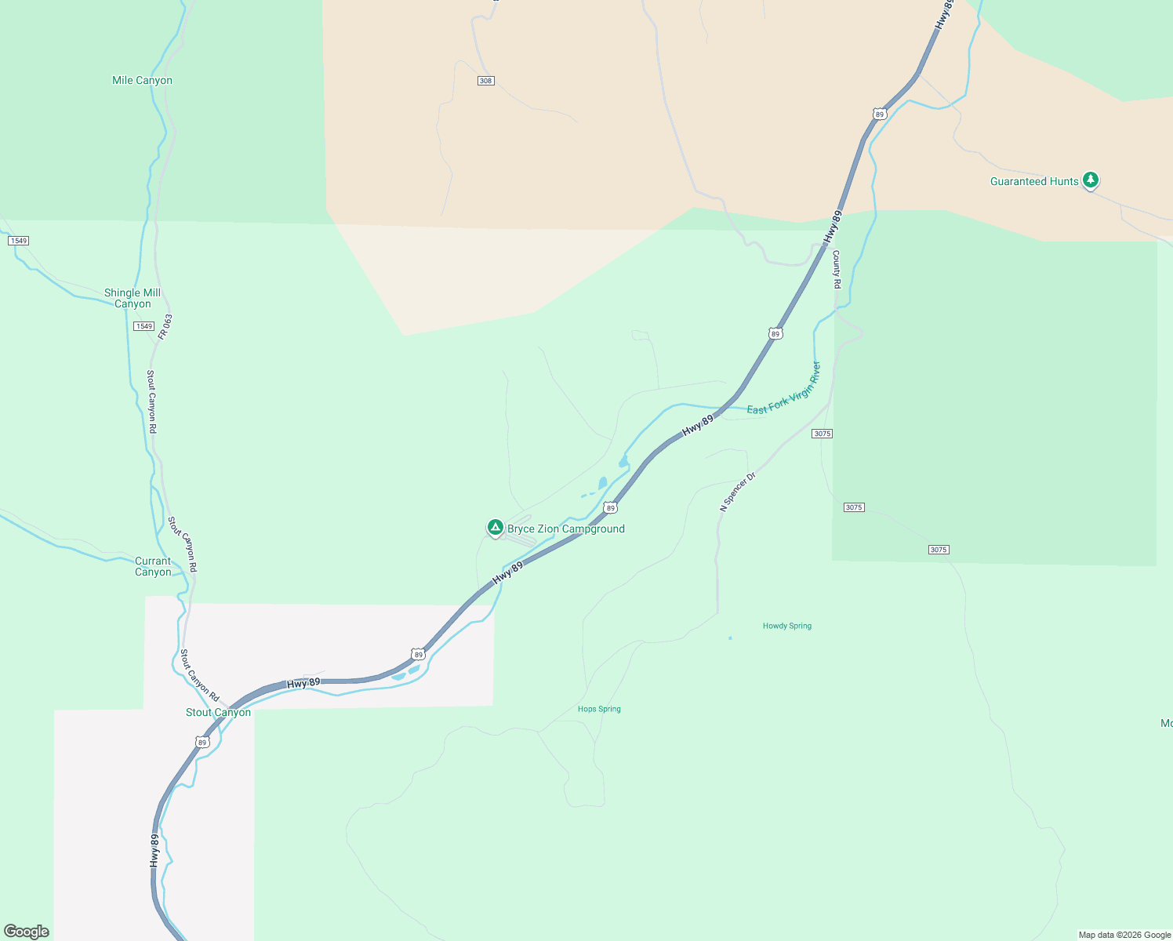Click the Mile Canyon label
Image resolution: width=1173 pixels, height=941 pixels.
142,80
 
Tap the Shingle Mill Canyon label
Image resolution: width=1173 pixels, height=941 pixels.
133,298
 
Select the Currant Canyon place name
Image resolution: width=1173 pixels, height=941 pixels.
153,566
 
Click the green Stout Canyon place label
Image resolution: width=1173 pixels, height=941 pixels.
218,712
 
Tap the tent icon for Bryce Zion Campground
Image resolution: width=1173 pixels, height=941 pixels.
495,528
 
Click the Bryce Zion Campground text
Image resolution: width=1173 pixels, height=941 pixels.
566,529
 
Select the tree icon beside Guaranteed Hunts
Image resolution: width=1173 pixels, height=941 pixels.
1090,180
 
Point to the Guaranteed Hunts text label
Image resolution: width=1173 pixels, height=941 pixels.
1034,181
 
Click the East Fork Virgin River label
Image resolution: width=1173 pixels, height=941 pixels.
783,389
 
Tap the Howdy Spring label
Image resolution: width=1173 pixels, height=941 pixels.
787,626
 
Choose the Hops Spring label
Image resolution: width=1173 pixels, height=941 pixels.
599,709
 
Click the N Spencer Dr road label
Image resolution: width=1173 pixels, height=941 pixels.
738,492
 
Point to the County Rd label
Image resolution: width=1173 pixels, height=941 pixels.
837,270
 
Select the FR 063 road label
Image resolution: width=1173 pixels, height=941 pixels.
165,327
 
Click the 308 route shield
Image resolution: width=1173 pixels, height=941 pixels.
486,81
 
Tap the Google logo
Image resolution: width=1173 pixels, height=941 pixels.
27,932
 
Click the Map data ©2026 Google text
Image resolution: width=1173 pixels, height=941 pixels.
1124,935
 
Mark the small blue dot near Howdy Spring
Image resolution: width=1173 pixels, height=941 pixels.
730,638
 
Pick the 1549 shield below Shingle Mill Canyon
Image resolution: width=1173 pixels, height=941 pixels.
143,326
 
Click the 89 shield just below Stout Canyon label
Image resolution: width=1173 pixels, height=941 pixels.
202,742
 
